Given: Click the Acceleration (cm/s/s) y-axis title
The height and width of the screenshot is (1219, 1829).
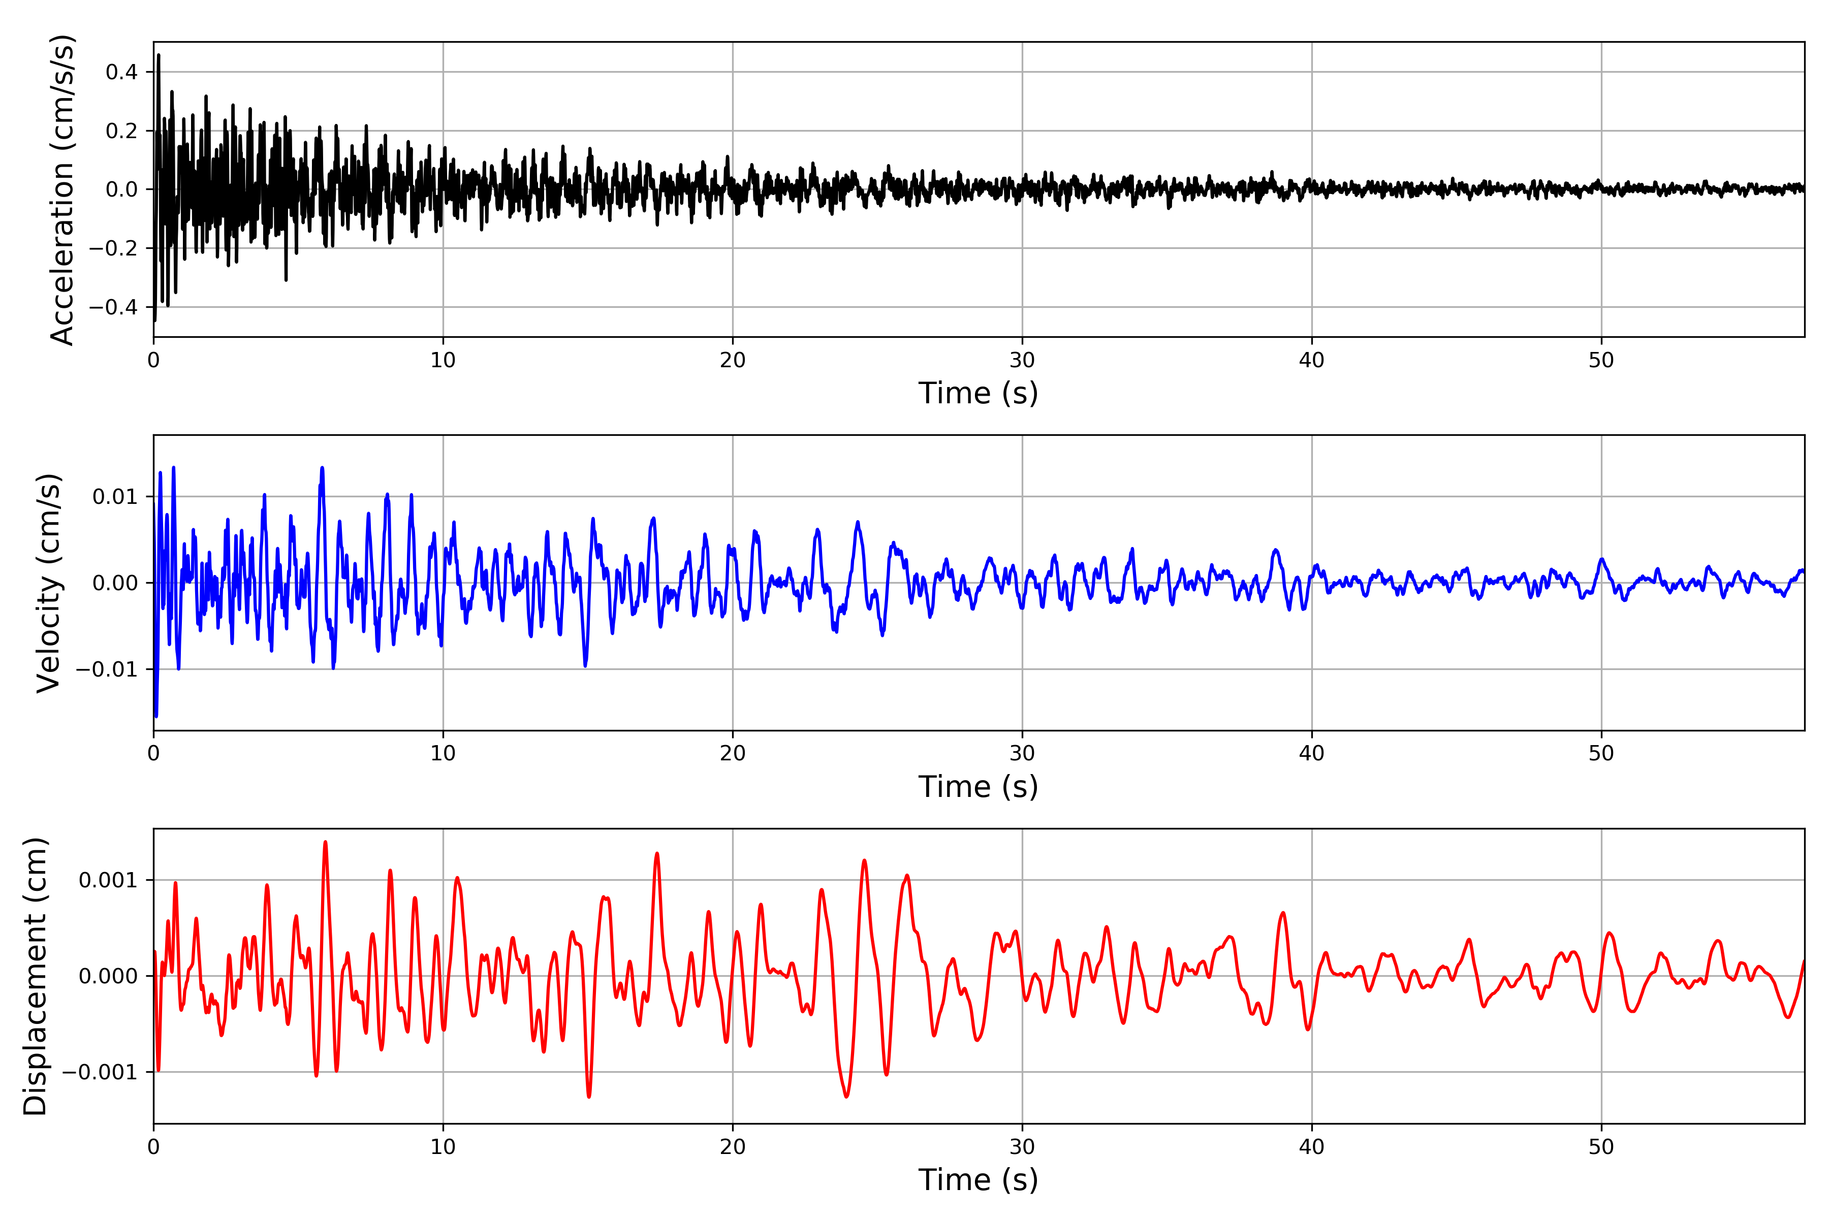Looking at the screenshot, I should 62,189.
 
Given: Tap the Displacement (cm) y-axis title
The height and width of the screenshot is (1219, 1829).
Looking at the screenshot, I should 36,976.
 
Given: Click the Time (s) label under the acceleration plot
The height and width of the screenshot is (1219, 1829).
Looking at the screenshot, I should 979,393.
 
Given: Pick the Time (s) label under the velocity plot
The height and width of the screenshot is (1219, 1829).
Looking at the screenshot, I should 979,787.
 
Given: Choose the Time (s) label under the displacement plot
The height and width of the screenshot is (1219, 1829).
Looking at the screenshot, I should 979,1180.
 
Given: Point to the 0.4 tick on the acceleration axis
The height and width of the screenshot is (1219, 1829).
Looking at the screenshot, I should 121,72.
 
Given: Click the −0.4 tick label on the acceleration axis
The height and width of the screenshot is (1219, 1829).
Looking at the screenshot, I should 113,307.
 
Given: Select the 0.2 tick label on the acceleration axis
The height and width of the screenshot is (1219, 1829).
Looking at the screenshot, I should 121,131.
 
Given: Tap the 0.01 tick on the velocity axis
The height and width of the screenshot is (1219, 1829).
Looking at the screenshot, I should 115,497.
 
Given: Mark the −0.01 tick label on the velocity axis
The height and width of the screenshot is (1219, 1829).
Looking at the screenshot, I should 107,669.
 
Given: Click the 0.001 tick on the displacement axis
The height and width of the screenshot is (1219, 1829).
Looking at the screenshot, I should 108,880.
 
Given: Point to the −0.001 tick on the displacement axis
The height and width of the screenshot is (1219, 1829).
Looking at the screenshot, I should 100,1072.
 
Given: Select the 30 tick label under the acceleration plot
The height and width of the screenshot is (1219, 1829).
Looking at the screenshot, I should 1022,361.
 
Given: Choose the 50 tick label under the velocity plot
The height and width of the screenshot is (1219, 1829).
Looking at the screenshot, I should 1601,753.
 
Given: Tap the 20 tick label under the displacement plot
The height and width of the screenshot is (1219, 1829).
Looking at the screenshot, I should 733,1147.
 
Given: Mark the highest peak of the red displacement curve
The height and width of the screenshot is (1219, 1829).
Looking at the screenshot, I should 325,842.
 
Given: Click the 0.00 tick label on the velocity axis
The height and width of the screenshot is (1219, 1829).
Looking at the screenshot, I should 115,583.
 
